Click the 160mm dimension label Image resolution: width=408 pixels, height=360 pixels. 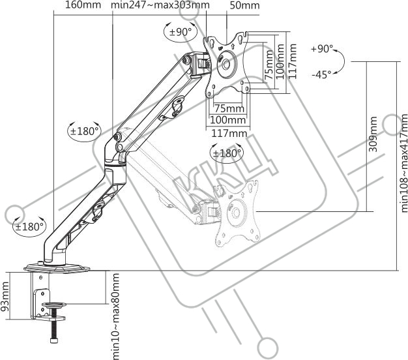click(x=82, y=6)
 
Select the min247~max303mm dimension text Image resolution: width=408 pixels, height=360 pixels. click(x=160, y=6)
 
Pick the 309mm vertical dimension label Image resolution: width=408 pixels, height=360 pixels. click(x=373, y=134)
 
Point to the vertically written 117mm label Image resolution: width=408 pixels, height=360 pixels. click(x=293, y=59)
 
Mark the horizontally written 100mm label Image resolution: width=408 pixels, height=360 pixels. click(x=227, y=121)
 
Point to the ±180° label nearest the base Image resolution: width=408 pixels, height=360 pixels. click(x=29, y=227)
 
